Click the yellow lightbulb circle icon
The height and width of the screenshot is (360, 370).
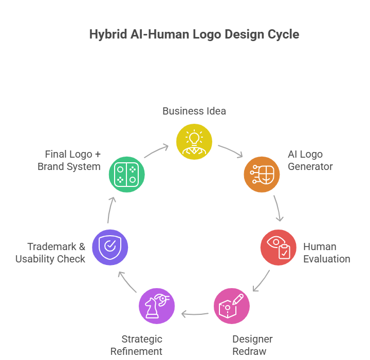point(194,141)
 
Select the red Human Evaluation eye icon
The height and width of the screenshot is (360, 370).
point(278,247)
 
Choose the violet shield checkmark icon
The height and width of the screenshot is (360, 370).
point(110,247)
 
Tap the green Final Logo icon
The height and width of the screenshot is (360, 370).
point(126,174)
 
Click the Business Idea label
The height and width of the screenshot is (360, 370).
point(194,111)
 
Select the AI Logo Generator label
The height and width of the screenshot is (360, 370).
point(310,160)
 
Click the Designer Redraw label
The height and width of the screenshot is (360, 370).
point(252,345)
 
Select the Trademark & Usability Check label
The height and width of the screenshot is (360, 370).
point(50,253)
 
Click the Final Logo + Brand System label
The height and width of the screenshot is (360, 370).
point(69,160)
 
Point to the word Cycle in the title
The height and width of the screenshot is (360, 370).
point(284,34)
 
